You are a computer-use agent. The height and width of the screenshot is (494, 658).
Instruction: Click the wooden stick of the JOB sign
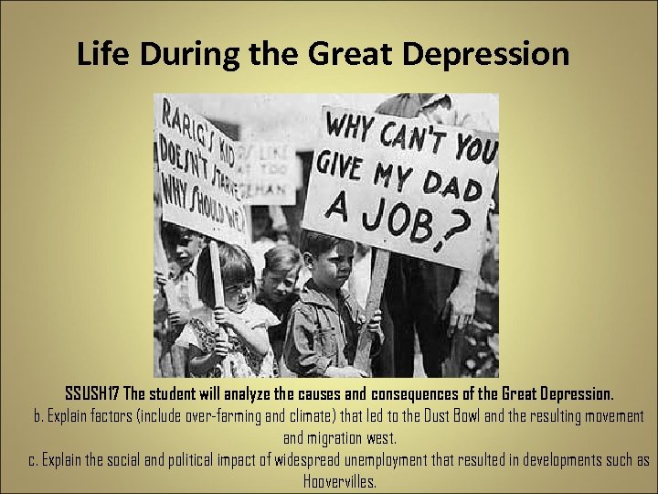pos(370,302)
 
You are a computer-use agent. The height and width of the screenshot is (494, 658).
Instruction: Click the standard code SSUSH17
pos(91,394)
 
